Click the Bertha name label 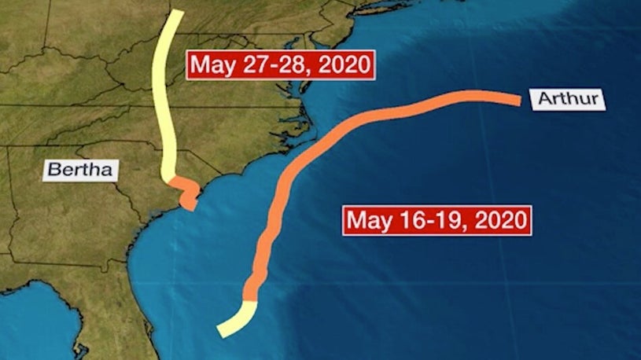click(79, 168)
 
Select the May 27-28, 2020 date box click(278, 63)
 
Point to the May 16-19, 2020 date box click(436, 219)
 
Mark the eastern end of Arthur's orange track click(518, 100)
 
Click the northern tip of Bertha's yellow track click(179, 13)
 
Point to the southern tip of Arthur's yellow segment click(222, 332)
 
